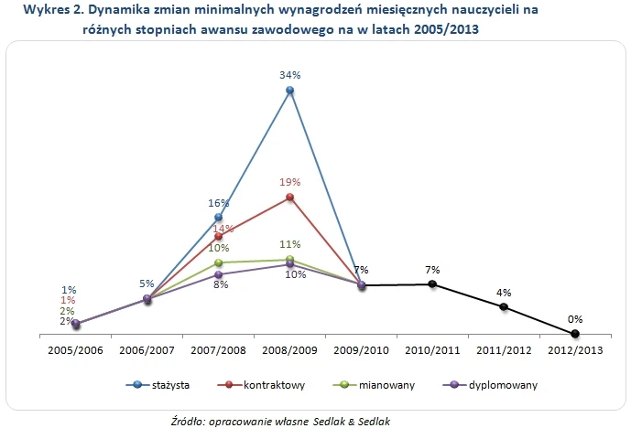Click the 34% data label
[x=289, y=75]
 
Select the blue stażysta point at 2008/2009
[x=289, y=91]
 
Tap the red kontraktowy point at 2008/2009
[x=289, y=197]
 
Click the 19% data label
[x=289, y=183]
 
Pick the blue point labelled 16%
[x=218, y=217]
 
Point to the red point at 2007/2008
[x=218, y=237]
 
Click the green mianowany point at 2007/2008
[x=218, y=262]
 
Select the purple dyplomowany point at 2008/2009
[x=289, y=264]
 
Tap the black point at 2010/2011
[x=432, y=284]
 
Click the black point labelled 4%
[x=504, y=307]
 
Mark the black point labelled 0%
[x=575, y=333]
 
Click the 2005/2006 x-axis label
[x=75, y=350]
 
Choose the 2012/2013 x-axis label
[x=575, y=350]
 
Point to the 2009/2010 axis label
[x=361, y=350]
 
